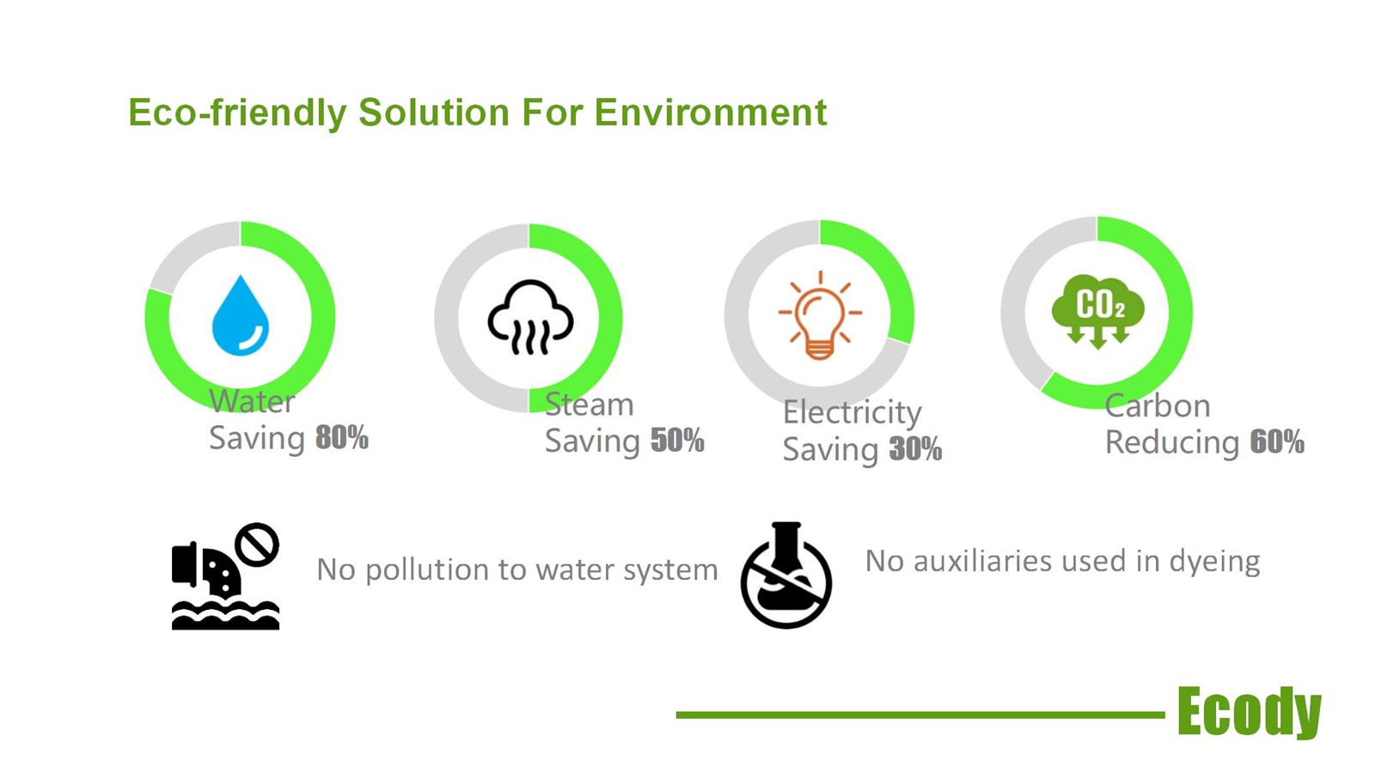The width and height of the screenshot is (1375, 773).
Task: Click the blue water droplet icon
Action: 240,315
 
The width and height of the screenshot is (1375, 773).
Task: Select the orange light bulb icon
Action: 820,315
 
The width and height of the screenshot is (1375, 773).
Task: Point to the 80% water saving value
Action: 342,438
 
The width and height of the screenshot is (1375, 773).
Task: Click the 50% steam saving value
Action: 677,441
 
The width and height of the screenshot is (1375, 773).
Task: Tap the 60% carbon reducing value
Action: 1277,441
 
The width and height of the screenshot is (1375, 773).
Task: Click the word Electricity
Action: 852,412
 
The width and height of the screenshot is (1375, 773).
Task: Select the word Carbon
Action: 1158,406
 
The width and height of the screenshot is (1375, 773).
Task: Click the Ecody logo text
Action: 1250,712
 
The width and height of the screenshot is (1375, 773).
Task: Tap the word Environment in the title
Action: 711,113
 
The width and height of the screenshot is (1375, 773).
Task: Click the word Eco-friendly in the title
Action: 237,113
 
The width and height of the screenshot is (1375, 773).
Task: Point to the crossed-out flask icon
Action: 786,575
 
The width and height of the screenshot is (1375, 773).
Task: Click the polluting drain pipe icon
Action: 225,576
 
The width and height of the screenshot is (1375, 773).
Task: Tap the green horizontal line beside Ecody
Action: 920,715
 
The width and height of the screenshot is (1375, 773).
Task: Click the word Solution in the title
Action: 434,113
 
